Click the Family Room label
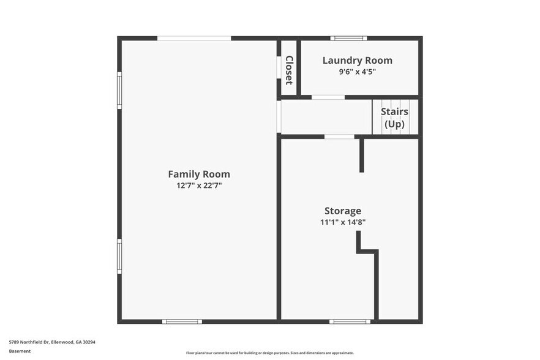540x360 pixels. tap(199, 174)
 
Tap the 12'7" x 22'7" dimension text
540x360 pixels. tap(199, 186)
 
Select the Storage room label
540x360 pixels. tap(343, 211)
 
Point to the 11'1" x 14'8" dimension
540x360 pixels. tap(343, 223)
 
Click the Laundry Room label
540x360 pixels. tap(357, 60)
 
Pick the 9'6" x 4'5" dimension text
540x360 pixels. tap(357, 72)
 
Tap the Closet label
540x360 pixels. tap(289, 70)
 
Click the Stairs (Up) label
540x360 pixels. tap(394, 118)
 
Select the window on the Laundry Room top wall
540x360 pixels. tap(349, 38)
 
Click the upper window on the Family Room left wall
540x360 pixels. tap(119, 90)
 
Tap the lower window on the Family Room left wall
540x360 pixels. tap(119, 256)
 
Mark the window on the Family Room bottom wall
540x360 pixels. tap(182, 321)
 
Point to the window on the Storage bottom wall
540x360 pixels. tap(350, 321)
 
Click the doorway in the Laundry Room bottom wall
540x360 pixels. tap(328, 97)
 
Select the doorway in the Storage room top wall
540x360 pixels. tap(339, 137)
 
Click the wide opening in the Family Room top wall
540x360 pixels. tap(194, 38)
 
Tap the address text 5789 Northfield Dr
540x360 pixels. tap(51, 342)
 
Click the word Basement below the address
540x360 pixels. tap(20, 351)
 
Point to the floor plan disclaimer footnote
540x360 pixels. tap(269, 353)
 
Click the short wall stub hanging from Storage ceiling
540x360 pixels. tap(362, 155)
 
